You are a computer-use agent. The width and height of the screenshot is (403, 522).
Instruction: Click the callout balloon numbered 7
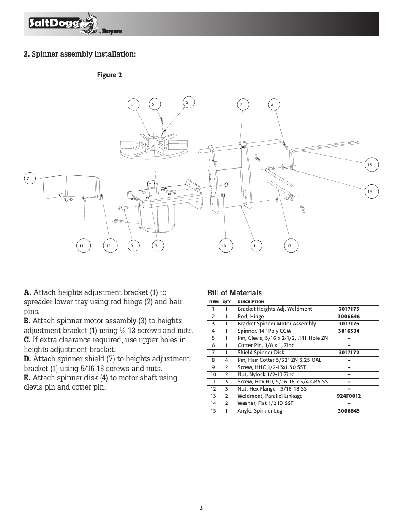[28, 179]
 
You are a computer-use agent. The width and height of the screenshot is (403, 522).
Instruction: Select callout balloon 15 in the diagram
[370, 164]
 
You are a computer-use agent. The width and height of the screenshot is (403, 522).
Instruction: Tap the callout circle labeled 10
[224, 246]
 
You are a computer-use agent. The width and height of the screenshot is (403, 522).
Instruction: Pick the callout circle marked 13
[289, 246]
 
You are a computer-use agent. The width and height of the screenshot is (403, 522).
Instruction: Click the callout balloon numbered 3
[156, 246]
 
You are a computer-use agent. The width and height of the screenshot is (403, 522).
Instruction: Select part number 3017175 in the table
[349, 309]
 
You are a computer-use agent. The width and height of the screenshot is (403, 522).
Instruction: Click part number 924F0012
[349, 396]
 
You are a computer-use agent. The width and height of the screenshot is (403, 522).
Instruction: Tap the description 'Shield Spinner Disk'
[261, 353]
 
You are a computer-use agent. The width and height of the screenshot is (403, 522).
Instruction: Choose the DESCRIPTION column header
[251, 302]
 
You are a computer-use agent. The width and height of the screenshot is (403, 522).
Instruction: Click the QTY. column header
[227, 302]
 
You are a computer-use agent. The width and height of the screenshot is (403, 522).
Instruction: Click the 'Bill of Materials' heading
[234, 293]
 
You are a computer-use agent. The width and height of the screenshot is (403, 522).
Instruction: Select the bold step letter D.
[27, 359]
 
